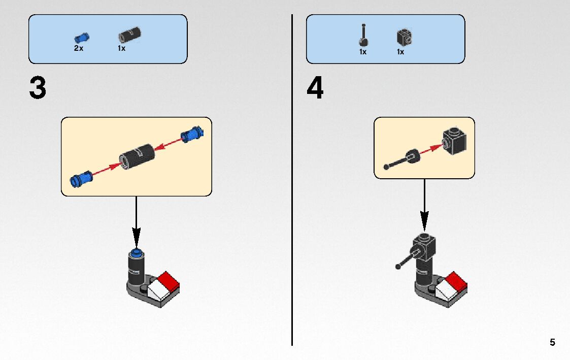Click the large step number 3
(38, 88)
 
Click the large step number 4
(315, 88)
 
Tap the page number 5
(552, 342)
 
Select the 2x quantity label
(79, 49)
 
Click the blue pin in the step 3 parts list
(81, 37)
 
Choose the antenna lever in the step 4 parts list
(363, 36)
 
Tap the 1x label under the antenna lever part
(363, 52)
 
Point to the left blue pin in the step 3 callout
(81, 178)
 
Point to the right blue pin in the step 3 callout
(192, 135)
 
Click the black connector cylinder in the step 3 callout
(137, 155)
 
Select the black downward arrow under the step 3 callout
(136, 223)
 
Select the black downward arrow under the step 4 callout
(424, 208)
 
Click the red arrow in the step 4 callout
(429, 149)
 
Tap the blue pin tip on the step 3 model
(136, 252)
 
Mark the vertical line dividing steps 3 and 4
(292, 203)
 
